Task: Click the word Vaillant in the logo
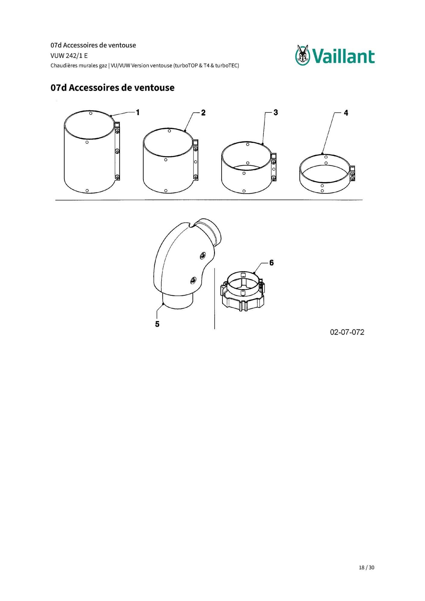pos(343,56)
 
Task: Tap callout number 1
pos(138,112)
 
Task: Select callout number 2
pos(203,113)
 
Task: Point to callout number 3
pos(275,112)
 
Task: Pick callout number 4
pos(346,113)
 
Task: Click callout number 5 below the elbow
pos(157,324)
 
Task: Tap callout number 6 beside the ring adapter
pos(272,263)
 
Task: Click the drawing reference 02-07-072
pos(347,332)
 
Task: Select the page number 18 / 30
pos(367,568)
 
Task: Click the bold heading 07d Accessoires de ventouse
pos(112,88)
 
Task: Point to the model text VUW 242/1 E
pos(69,56)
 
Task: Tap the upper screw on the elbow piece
pos(202,256)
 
